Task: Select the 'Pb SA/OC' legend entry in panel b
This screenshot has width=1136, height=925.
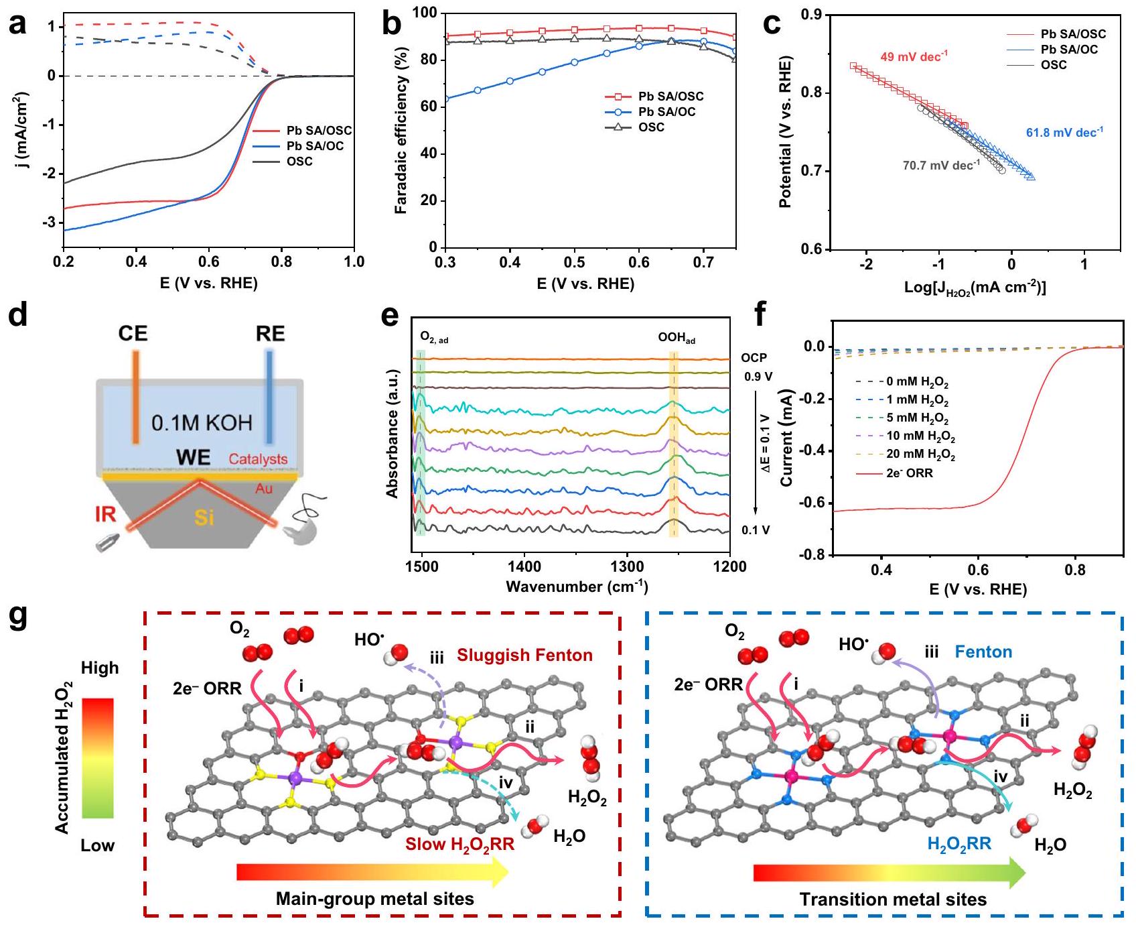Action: point(666,112)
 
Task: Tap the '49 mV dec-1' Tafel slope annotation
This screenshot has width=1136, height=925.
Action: point(914,56)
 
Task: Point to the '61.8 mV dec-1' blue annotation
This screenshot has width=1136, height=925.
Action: point(1064,133)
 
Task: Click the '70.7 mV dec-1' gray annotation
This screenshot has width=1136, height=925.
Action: point(941,165)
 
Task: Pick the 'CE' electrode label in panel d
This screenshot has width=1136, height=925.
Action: point(133,334)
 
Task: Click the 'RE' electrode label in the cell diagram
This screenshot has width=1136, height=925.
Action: point(270,334)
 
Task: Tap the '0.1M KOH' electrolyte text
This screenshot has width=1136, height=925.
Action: point(202,423)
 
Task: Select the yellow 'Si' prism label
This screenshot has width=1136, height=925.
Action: point(204,517)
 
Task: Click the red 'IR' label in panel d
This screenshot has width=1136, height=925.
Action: point(105,514)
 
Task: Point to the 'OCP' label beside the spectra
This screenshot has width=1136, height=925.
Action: point(754,358)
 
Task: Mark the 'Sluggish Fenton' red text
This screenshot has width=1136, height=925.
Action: point(524,655)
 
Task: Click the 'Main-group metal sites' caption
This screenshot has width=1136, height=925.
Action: point(374,899)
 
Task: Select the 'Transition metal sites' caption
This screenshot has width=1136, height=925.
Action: point(893,899)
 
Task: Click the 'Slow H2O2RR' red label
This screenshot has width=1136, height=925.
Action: point(459,844)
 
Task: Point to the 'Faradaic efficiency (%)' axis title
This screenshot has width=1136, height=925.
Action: point(401,130)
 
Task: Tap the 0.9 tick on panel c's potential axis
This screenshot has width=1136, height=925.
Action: point(813,14)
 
